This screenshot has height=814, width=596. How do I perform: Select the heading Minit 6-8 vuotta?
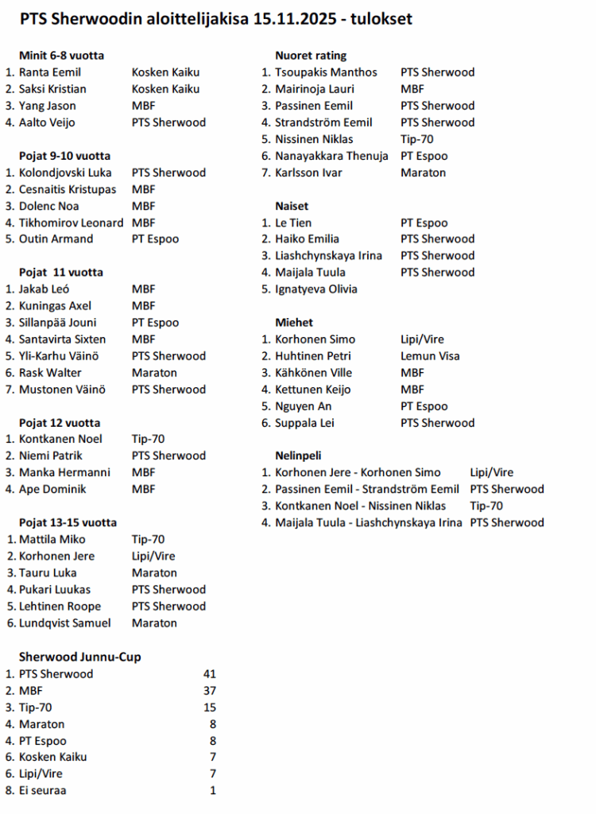pyautogui.click(x=61, y=56)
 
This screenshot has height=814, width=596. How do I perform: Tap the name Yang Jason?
pyautogui.click(x=48, y=106)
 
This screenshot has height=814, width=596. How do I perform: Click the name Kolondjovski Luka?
pyautogui.click(x=65, y=172)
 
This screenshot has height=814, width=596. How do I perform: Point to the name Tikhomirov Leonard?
pyautogui.click(x=71, y=223)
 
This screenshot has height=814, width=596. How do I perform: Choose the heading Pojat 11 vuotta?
pyautogui.click(x=60, y=273)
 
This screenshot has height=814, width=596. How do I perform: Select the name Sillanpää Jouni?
pyautogui.click(x=58, y=323)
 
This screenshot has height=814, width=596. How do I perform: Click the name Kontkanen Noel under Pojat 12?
pyautogui.click(x=60, y=439)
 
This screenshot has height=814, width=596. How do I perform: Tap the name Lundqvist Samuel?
pyautogui.click(x=65, y=623)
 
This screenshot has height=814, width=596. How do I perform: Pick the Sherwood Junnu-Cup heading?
pyautogui.click(x=80, y=657)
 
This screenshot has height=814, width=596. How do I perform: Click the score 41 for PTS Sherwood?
pyautogui.click(x=209, y=674)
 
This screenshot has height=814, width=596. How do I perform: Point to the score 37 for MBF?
pyautogui.click(x=209, y=691)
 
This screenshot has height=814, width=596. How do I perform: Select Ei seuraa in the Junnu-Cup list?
pyautogui.click(x=43, y=791)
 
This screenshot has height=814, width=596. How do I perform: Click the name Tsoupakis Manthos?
pyautogui.click(x=326, y=72)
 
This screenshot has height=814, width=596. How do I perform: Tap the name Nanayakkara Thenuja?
pyautogui.click(x=331, y=156)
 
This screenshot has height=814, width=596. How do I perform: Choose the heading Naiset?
pyautogui.click(x=292, y=206)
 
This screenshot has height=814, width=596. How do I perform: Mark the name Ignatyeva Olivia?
pyautogui.click(x=316, y=289)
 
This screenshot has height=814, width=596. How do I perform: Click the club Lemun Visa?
pyautogui.click(x=430, y=356)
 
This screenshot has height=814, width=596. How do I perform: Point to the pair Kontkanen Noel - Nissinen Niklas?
pyautogui.click(x=361, y=506)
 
